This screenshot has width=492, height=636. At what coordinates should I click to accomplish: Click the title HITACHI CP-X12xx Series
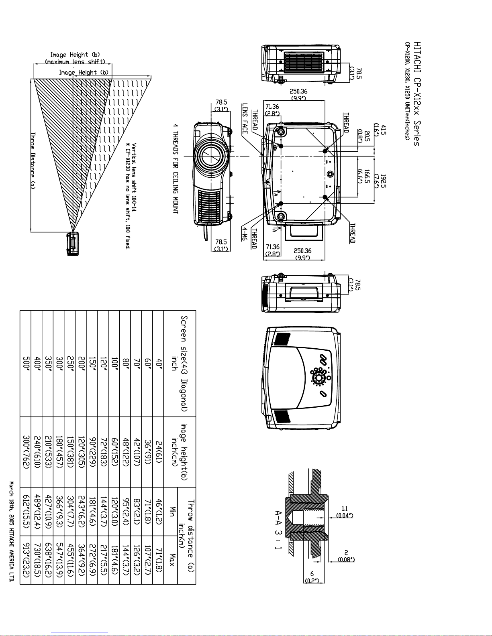[417, 93]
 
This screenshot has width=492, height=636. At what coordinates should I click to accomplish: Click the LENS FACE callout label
[245, 118]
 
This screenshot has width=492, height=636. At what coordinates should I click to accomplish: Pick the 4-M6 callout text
[245, 234]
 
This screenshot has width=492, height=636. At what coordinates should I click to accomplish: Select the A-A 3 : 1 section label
[278, 530]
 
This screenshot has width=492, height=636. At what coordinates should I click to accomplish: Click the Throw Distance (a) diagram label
[33, 161]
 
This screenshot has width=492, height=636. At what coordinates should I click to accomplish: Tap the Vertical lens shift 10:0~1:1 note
[134, 177]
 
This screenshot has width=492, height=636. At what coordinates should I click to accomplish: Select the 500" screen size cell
[27, 363]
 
